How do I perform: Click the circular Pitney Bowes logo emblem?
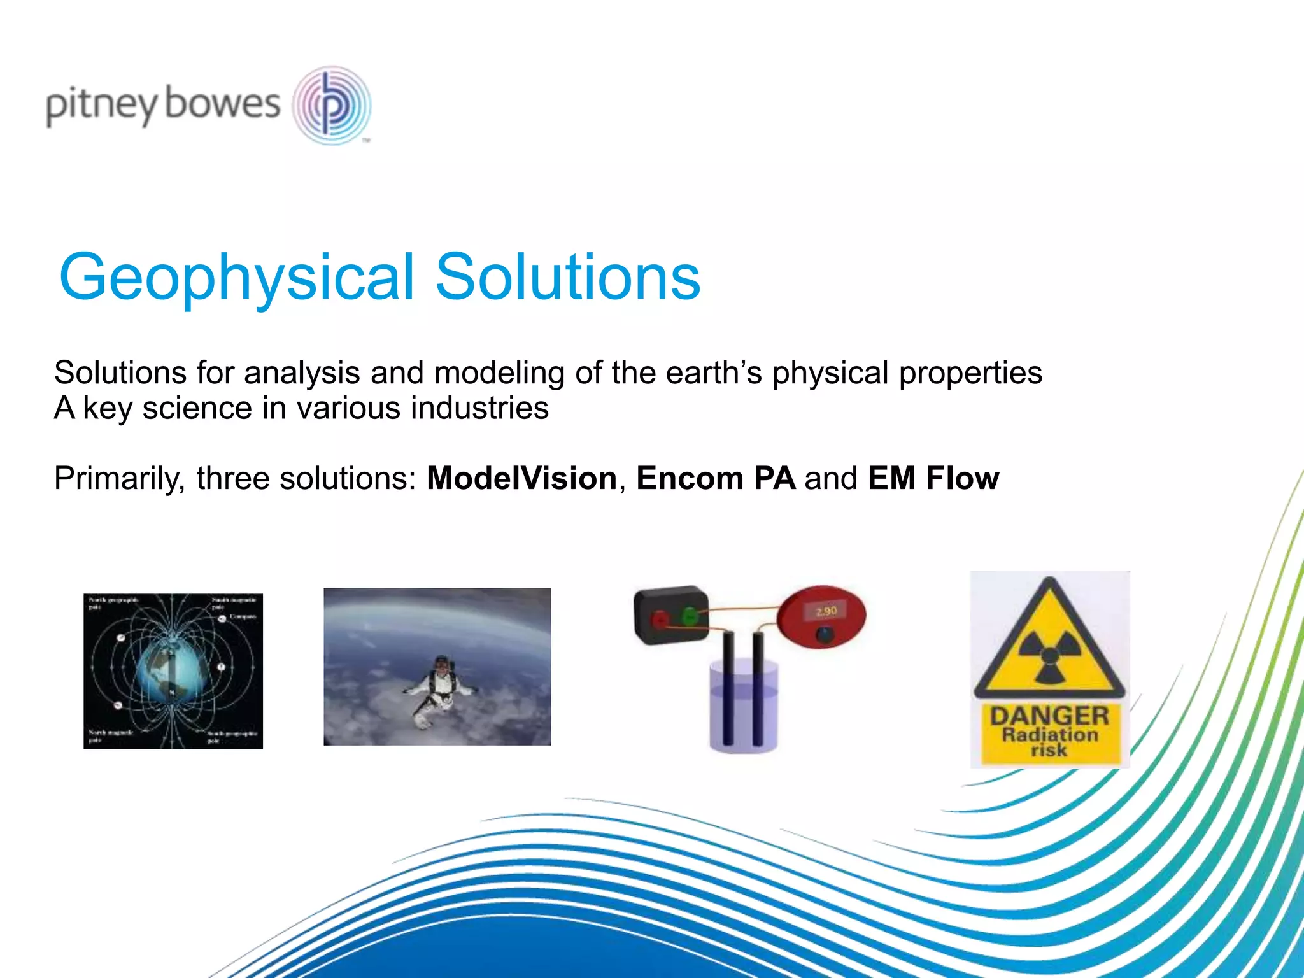[x=332, y=106]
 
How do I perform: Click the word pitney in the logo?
[x=101, y=105]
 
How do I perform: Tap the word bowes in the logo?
[x=222, y=103]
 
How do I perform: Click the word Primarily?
[x=119, y=479]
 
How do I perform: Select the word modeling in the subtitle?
[x=499, y=373]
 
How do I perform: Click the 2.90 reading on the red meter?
[x=826, y=611]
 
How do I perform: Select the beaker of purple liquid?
[x=744, y=707]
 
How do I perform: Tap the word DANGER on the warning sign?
[x=1049, y=716]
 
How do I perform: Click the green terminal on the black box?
[x=689, y=616]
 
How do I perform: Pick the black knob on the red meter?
[x=825, y=634]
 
